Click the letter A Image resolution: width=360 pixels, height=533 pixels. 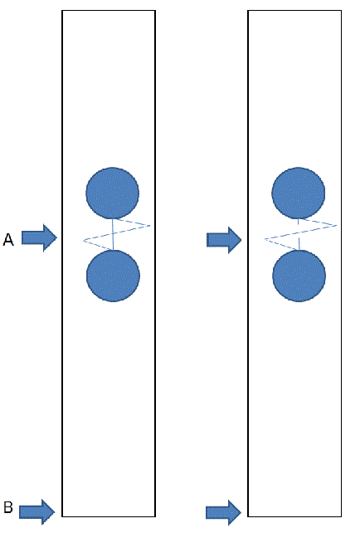[8, 239]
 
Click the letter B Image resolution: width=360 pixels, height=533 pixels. [8, 507]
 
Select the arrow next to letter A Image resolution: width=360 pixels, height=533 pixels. [39, 238]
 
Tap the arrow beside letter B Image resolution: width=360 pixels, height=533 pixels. [37, 511]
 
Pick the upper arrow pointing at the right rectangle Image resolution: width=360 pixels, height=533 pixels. [224, 240]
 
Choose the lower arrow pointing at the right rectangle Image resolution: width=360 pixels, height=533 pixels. [223, 512]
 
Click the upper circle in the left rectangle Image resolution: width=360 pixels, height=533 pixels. [113, 193]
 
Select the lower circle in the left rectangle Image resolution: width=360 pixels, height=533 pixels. [113, 276]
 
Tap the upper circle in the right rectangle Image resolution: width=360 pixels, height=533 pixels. [298, 193]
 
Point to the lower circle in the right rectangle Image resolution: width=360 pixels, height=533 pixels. [299, 276]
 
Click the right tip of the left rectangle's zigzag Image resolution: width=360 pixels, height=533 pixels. [150, 225]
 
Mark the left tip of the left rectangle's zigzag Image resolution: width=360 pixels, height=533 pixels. [84, 240]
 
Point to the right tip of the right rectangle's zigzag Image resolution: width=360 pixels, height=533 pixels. [337, 225]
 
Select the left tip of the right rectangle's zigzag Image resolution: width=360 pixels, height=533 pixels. [265, 239]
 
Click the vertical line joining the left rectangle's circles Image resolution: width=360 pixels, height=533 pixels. [113, 234]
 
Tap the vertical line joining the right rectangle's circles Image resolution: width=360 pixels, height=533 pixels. [299, 234]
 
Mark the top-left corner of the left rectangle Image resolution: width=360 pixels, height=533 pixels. [62, 11]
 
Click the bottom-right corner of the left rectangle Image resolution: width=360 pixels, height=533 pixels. [155, 516]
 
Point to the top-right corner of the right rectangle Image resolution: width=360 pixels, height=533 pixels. [341, 11]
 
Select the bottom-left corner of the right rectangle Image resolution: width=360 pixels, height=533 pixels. [248, 516]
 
